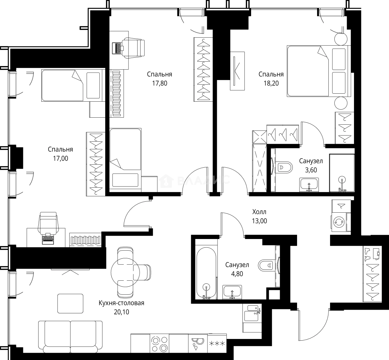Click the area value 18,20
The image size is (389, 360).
(271, 83)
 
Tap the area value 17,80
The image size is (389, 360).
(160, 83)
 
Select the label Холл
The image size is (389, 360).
(259, 212)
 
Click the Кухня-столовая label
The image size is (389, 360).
(121, 303)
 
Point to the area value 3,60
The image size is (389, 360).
(311, 170)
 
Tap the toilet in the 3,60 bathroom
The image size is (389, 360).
(284, 166)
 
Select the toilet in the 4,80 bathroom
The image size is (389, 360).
(267, 265)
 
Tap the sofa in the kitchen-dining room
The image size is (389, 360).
(70, 336)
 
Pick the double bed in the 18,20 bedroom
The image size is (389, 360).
(316, 71)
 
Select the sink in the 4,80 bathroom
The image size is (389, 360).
(232, 292)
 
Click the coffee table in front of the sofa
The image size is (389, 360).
(70, 303)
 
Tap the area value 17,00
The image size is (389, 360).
(60, 158)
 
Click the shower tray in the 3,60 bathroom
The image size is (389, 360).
(341, 173)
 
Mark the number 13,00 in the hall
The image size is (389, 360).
(259, 221)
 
